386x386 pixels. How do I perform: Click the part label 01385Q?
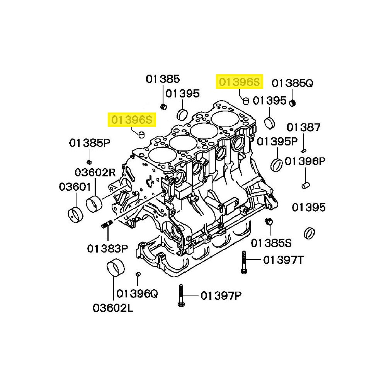pos(292,83)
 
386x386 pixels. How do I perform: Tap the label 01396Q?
pos(137,294)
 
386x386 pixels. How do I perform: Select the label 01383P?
pos(107,248)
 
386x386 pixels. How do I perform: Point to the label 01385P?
pos(90,143)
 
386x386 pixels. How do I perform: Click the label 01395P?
pos(277,141)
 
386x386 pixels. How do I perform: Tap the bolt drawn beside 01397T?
pos(243,262)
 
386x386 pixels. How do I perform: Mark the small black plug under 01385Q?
pos(293,102)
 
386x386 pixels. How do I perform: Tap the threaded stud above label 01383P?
pos(107,224)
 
